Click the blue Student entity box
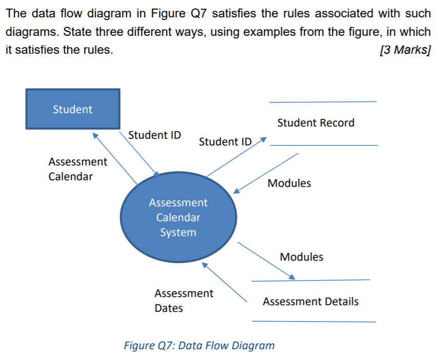point(73,109)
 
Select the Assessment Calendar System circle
point(178,217)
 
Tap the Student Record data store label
point(316,123)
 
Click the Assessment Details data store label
point(310,302)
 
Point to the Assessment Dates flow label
point(183,301)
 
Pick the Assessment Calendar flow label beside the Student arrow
point(77,169)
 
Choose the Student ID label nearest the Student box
point(154,135)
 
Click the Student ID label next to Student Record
point(225,141)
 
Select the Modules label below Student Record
point(289,183)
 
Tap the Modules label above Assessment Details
point(301,257)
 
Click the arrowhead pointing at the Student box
point(96,135)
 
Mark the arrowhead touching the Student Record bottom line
point(263,139)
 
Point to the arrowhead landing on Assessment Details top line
point(291,277)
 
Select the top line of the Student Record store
point(323,101)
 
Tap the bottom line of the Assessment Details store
point(314,322)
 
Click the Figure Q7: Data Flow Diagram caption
point(199,345)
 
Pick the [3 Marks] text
point(405,50)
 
